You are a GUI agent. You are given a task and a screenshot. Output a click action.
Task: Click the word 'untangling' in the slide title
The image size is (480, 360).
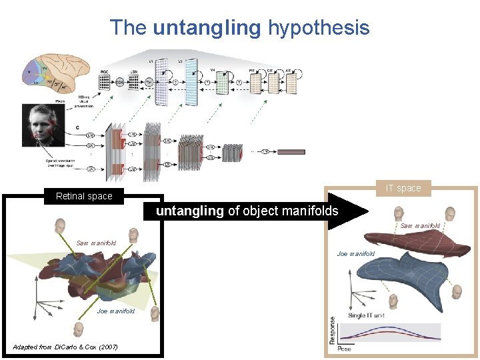(x=207, y=28)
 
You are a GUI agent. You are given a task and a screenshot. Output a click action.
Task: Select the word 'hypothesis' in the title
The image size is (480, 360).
(x=318, y=28)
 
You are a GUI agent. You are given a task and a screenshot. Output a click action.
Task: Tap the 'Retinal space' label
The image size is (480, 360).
(x=84, y=196)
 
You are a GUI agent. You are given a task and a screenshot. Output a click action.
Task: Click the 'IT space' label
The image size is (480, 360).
(x=404, y=188)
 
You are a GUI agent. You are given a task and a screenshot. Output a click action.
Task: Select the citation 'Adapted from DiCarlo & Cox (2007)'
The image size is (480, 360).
(x=65, y=347)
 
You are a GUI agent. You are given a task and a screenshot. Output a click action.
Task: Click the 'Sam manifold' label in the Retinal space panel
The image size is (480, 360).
(x=97, y=243)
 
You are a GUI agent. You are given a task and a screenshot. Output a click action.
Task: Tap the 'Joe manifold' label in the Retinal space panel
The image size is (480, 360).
(x=116, y=311)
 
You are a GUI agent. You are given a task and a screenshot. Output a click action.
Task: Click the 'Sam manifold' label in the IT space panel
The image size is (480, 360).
(x=420, y=226)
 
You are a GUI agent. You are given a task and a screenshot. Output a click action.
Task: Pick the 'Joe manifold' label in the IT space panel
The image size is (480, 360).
(x=356, y=253)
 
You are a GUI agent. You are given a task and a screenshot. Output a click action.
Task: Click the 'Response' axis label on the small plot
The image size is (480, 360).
(x=332, y=331)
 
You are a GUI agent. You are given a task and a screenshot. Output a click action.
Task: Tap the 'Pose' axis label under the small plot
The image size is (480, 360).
(x=345, y=349)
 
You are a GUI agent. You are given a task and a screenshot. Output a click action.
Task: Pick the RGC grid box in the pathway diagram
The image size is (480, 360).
(x=104, y=81)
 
